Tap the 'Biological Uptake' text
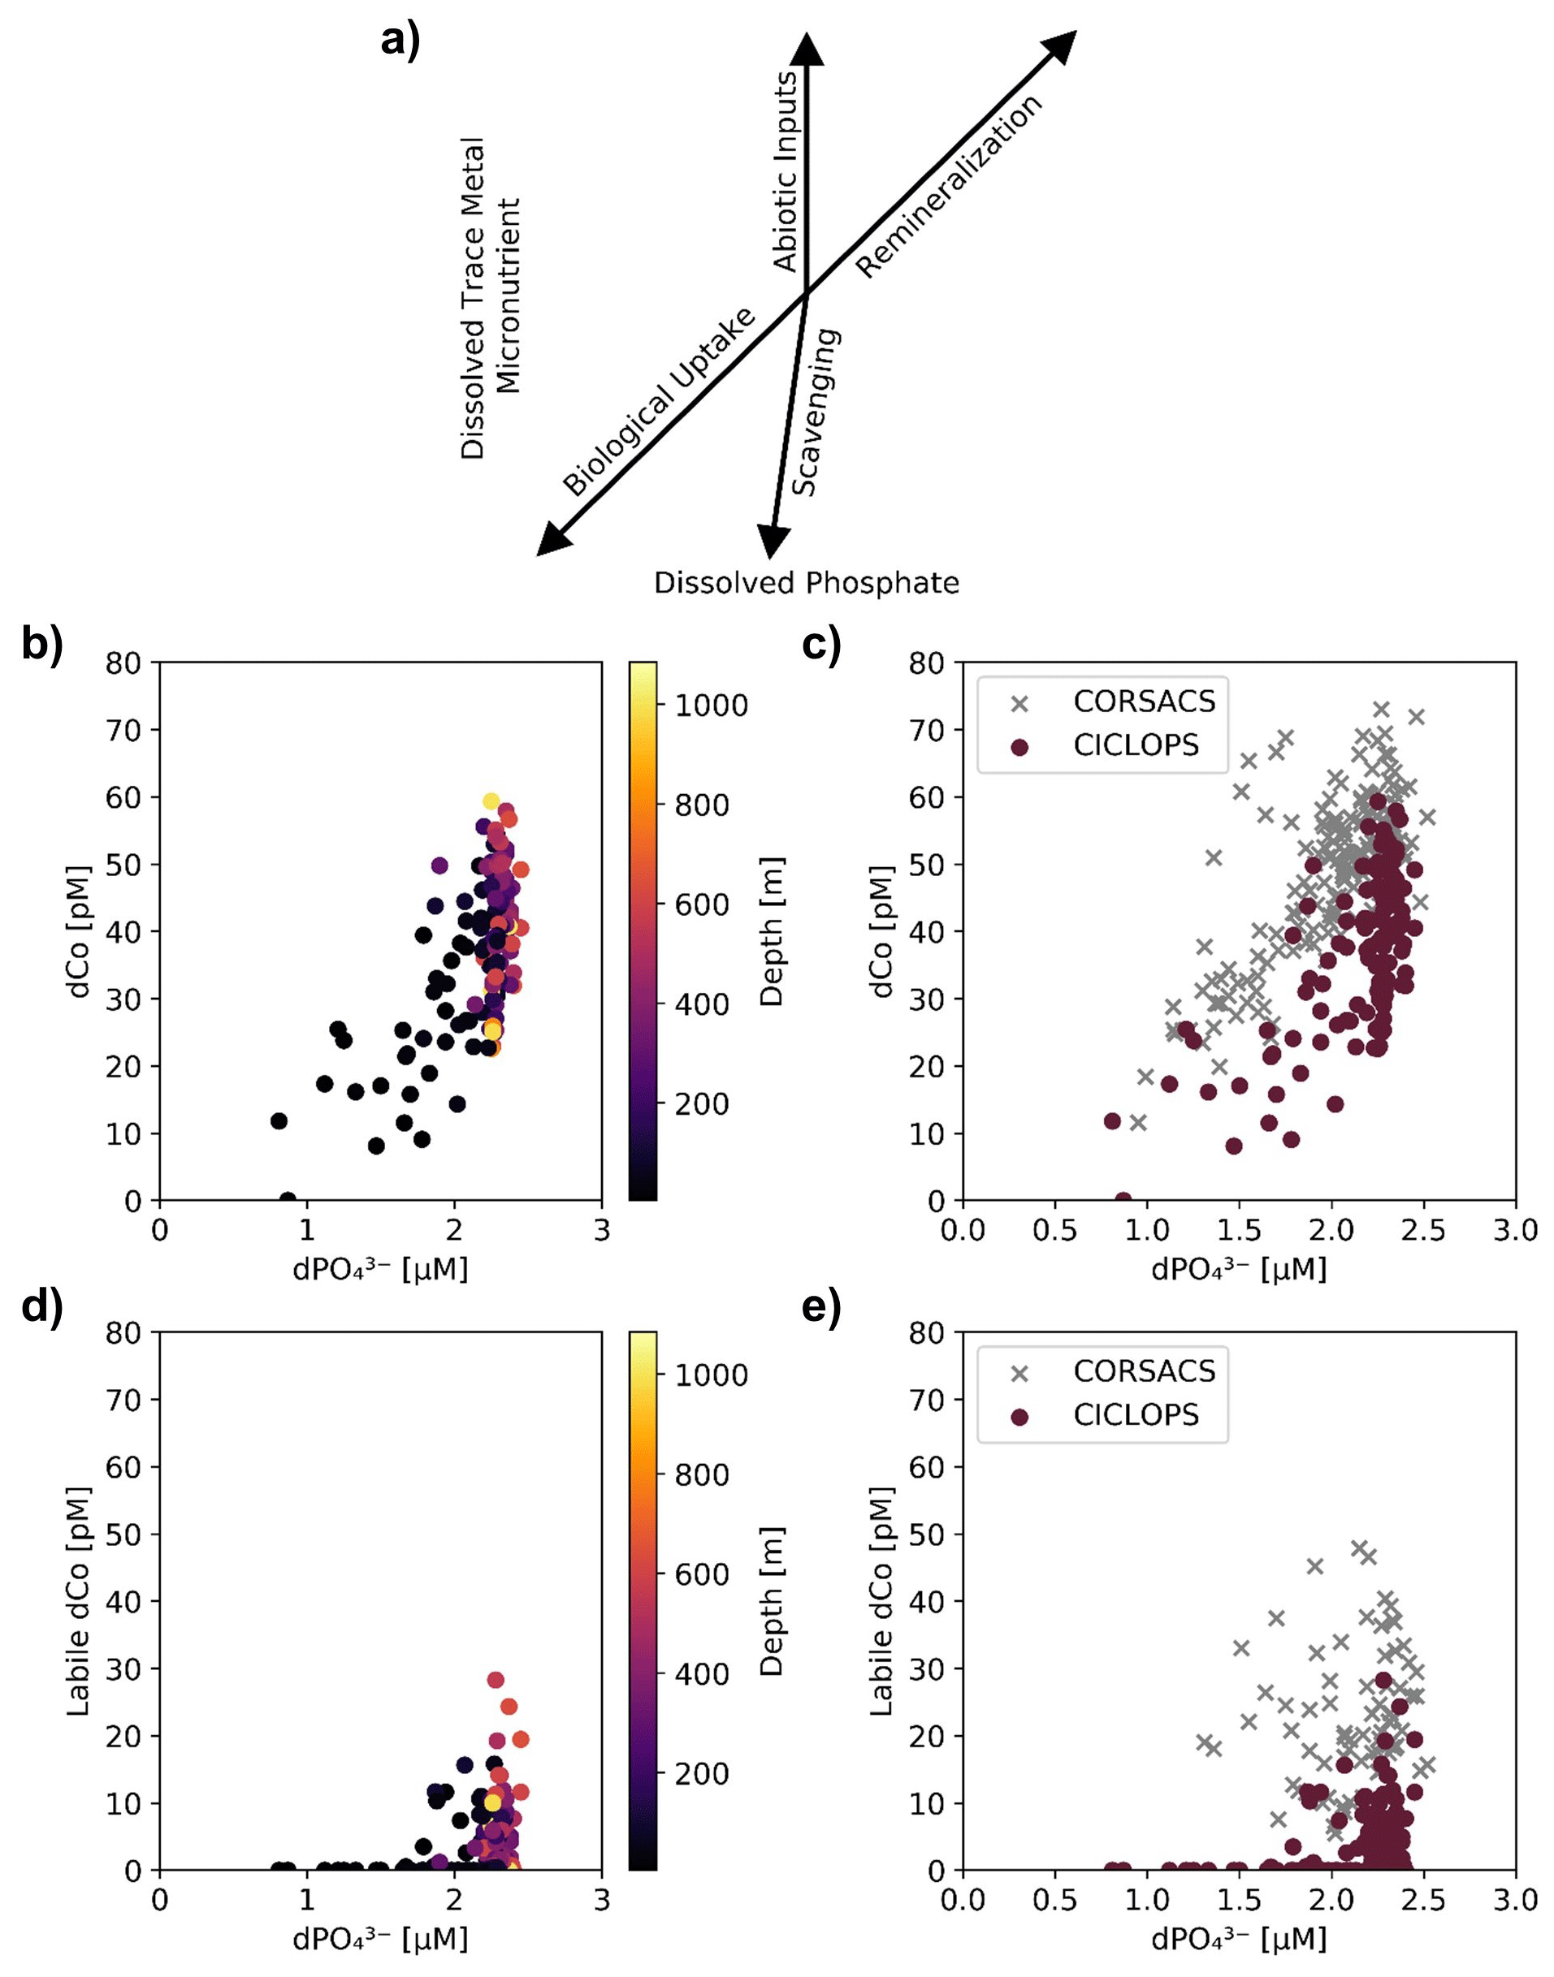tap(659, 403)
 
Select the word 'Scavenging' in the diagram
tap(816, 412)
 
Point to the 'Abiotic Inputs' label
tap(784, 172)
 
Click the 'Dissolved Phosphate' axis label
tap(806, 583)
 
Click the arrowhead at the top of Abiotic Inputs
tap(805, 48)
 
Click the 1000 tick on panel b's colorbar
tap(711, 706)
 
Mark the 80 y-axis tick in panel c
tap(927, 663)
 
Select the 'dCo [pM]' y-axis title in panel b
tap(81, 931)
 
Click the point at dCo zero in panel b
tap(288, 1200)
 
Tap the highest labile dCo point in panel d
tap(495, 1680)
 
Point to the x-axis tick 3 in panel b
tap(600, 1232)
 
